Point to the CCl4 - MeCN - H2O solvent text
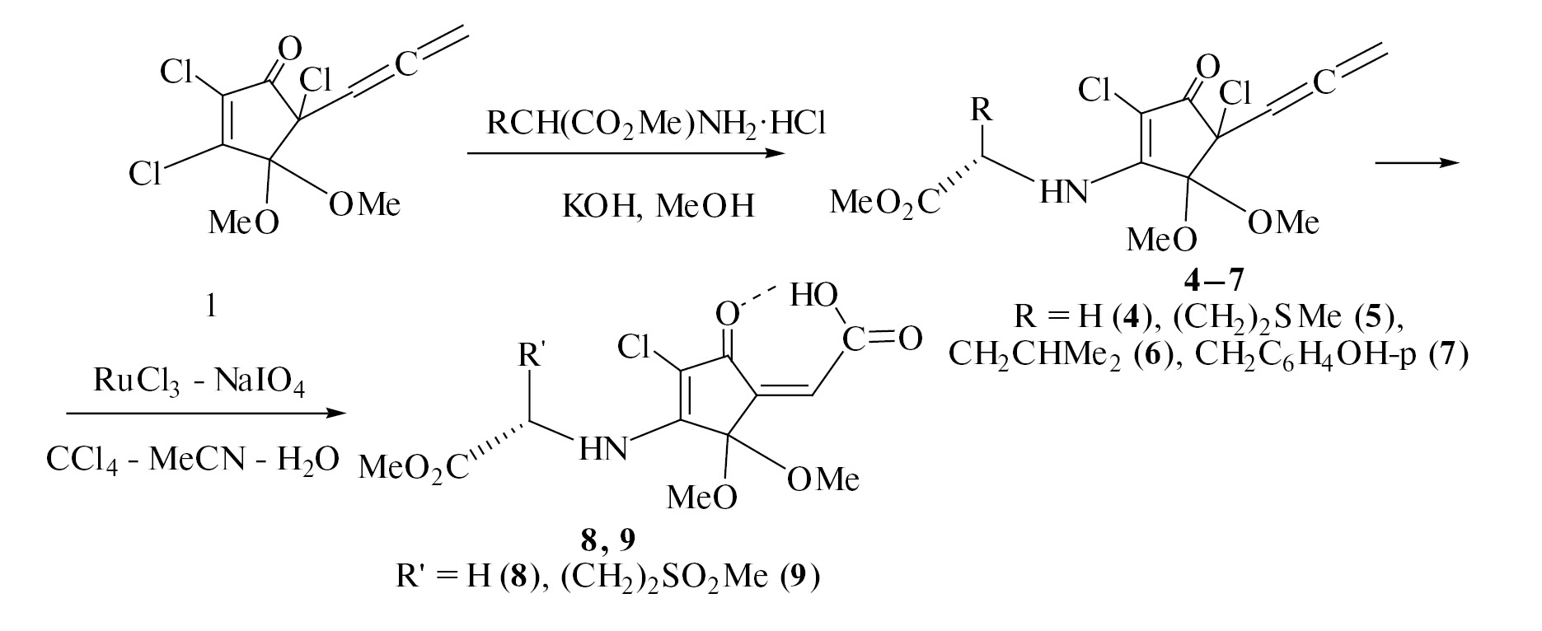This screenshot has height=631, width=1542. pos(192,459)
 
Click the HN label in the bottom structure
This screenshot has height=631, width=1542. pos(602,448)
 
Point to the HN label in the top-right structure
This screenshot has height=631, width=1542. pos(1063,191)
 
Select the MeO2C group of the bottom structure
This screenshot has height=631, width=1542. pos(414,470)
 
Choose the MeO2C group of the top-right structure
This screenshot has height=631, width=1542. pos(883,202)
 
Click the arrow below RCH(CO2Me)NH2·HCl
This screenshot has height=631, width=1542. pos(626,153)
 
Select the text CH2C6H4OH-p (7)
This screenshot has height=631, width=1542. pos(1331,354)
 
